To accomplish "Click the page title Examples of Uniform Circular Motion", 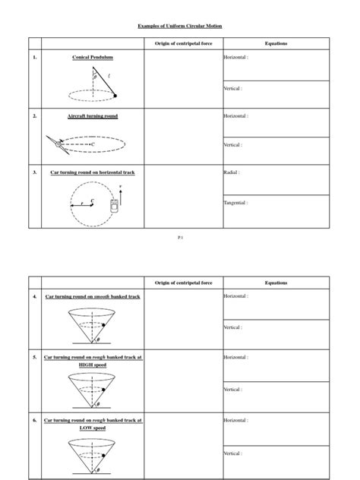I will point(180,26).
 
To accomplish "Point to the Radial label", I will point(232,172).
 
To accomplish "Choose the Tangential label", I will point(235,202).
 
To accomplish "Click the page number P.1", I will point(180,238).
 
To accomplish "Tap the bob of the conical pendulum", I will point(115,95).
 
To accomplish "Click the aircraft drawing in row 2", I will point(57,143).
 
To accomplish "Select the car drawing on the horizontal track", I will point(115,206).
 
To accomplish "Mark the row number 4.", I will point(34,296).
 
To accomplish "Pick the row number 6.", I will point(34,419).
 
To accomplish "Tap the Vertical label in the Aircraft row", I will point(233,144).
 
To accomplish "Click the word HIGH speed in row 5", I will point(92,365).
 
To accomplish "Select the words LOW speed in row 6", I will point(92,428).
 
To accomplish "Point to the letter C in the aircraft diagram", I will point(93,144).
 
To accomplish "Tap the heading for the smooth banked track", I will point(92,296).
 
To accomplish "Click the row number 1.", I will point(34,58).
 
